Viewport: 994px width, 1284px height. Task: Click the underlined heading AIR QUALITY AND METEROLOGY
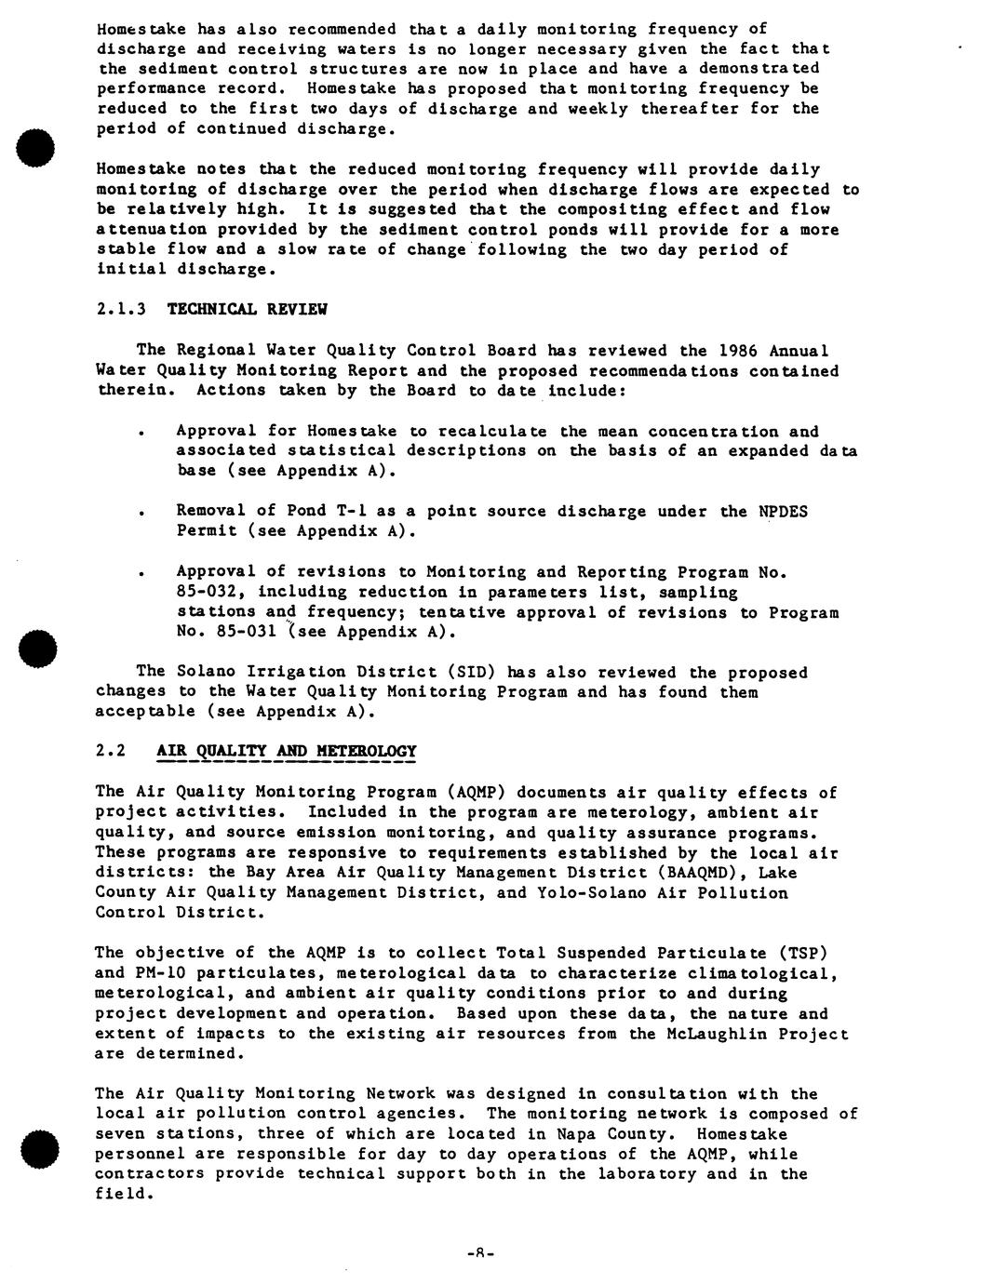point(287,752)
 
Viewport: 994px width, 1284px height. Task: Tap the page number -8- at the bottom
point(479,1253)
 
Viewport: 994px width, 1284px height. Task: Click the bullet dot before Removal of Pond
point(140,513)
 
